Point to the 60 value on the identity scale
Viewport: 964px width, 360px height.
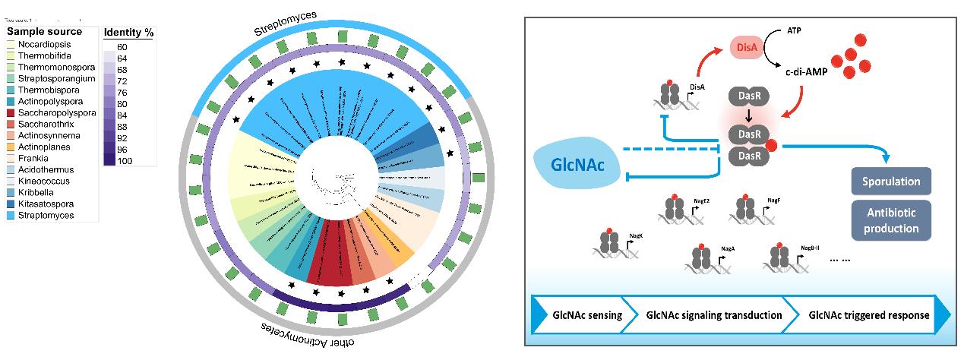tap(122, 47)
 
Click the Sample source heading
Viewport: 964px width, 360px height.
tap(44, 32)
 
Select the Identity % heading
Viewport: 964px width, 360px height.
tap(128, 33)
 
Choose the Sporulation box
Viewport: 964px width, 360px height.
tap(891, 182)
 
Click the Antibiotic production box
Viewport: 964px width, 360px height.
tap(891, 221)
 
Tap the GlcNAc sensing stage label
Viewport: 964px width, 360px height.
tap(586, 314)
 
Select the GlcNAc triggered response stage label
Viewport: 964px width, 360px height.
tap(868, 314)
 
